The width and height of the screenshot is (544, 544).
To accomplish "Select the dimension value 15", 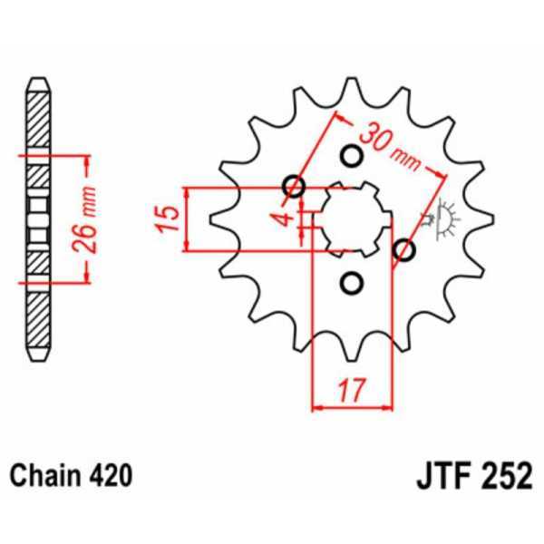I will [166, 219].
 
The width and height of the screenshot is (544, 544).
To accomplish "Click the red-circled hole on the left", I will [293, 188].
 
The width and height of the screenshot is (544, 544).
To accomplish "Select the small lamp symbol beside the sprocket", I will [444, 218].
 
